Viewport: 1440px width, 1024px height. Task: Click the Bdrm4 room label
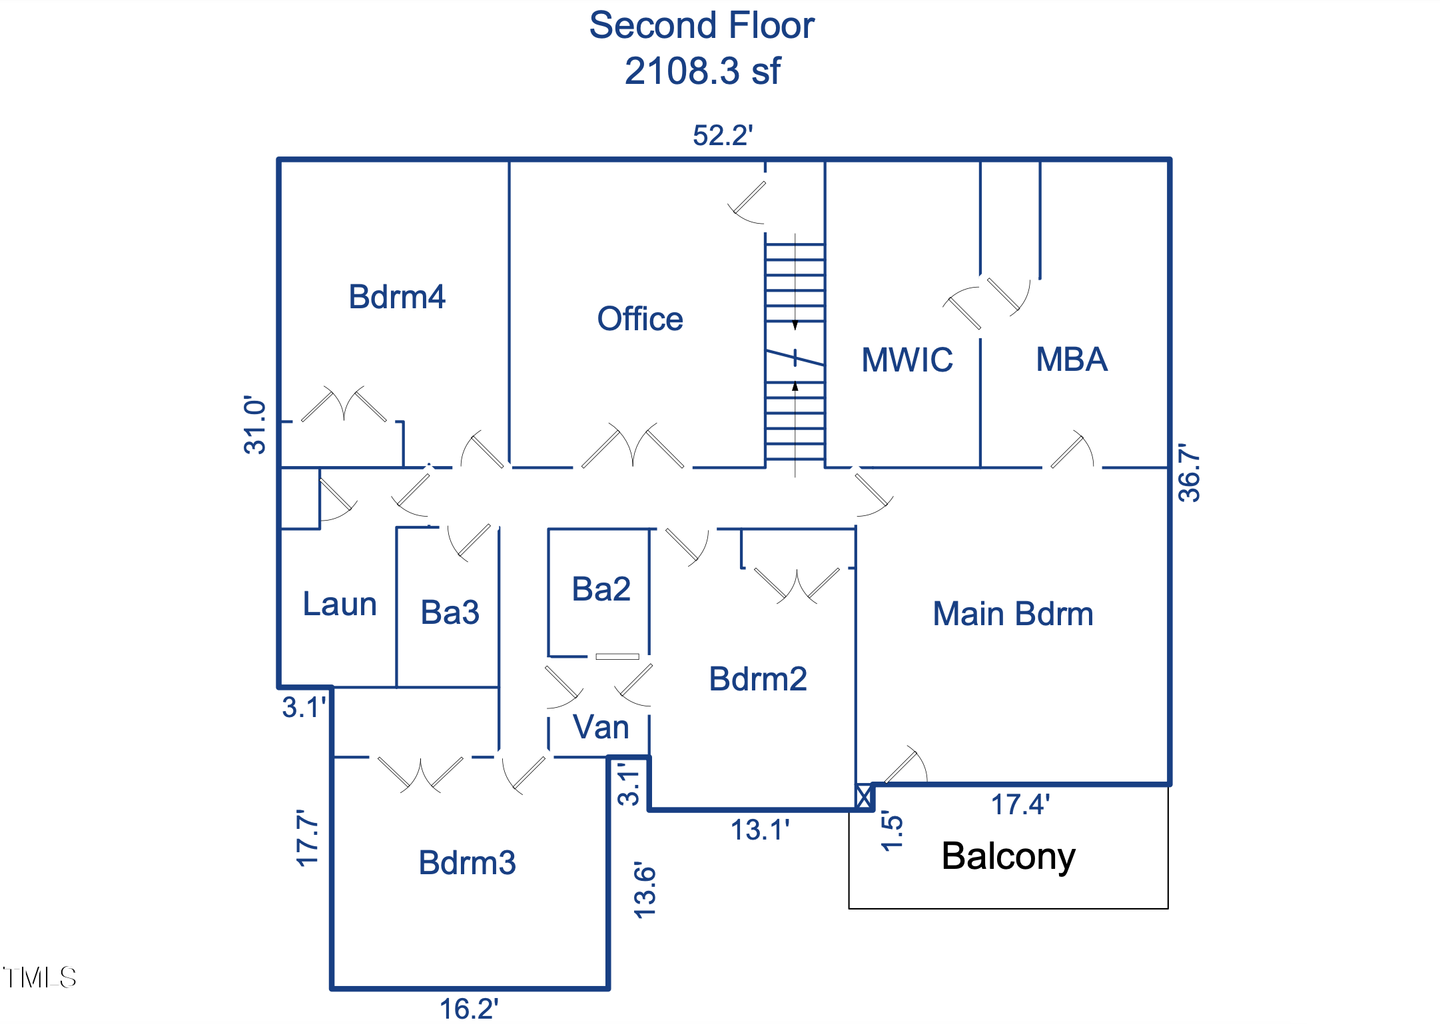[x=397, y=297]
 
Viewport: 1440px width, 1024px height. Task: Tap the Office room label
[x=640, y=319]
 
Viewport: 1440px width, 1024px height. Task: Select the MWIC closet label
[x=907, y=360]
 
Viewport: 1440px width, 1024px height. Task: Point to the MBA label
[x=1072, y=360]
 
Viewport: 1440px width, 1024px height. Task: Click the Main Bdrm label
[x=1013, y=614]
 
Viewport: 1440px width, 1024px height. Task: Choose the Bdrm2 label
[x=758, y=679]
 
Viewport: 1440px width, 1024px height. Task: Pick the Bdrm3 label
[x=468, y=863]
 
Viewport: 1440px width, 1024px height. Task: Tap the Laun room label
[x=340, y=605]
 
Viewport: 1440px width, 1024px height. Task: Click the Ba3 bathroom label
[x=450, y=613]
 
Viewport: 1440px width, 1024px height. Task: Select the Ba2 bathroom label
[x=601, y=589]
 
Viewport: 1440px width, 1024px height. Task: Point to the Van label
[x=601, y=727]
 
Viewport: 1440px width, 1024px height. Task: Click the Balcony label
[x=1008, y=856]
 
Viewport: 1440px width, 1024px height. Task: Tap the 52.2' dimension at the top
[x=723, y=136]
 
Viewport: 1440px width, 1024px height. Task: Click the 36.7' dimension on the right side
[x=1190, y=473]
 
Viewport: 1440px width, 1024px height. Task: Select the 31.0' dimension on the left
[x=255, y=424]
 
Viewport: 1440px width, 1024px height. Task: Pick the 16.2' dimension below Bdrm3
[x=469, y=1009]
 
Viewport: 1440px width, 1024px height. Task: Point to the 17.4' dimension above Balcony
[x=1020, y=805]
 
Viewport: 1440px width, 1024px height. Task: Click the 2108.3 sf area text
[x=703, y=71]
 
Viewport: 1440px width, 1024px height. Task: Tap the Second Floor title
[x=702, y=26]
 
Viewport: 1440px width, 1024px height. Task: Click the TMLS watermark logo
[x=40, y=977]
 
